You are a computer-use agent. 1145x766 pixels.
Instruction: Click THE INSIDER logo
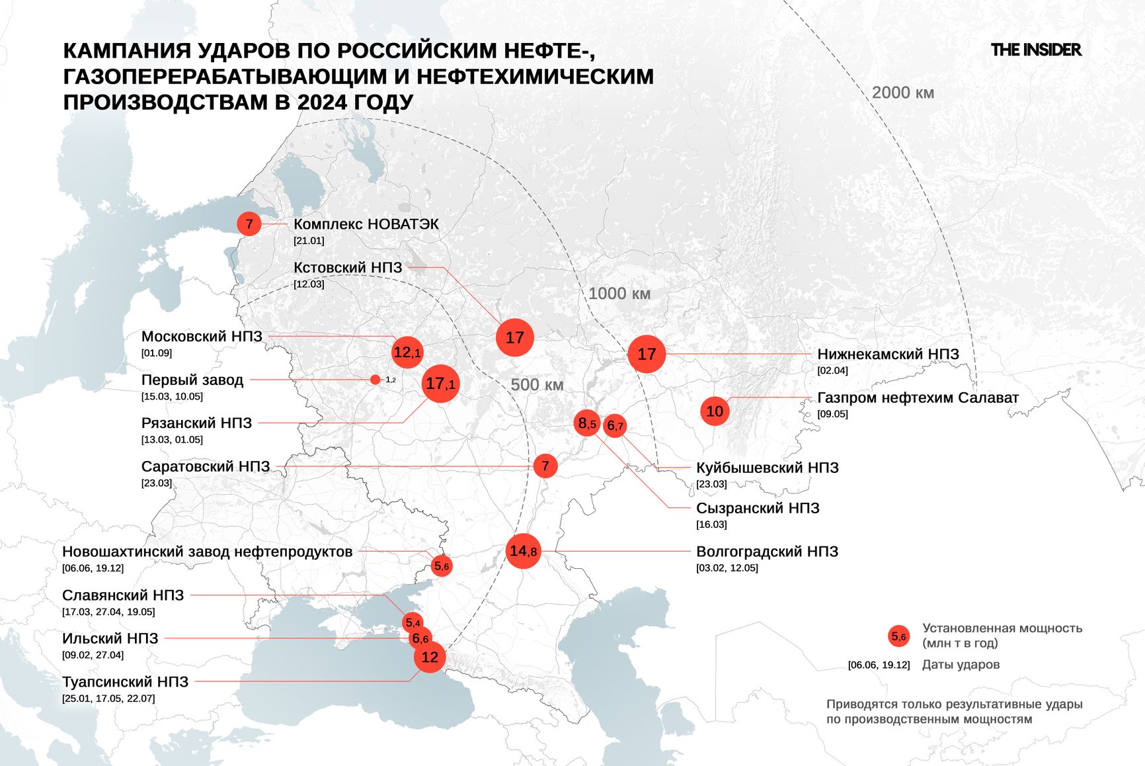(x=1035, y=50)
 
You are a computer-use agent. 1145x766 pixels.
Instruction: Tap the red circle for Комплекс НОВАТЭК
(x=249, y=224)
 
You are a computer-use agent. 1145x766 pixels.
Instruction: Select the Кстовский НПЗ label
(x=348, y=267)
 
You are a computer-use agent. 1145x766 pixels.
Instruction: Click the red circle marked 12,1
(x=407, y=353)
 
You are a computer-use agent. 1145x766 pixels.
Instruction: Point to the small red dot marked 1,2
(x=375, y=380)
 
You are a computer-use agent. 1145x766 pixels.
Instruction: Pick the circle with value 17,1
(x=440, y=384)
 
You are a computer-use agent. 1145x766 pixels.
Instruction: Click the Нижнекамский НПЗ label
(x=888, y=354)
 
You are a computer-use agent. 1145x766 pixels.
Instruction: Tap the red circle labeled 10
(x=715, y=411)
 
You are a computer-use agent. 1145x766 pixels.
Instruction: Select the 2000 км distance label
(x=902, y=93)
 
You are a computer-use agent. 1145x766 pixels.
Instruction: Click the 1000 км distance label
(x=619, y=293)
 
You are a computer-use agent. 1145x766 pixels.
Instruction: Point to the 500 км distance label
(x=537, y=384)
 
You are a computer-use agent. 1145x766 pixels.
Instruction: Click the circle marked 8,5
(x=587, y=423)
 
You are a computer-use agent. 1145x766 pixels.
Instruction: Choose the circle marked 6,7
(x=615, y=425)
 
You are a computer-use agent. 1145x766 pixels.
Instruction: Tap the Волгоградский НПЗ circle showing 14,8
(x=523, y=550)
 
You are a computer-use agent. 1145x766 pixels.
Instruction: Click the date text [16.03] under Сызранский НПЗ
(x=711, y=525)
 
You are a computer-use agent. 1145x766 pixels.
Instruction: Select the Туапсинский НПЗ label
(x=126, y=681)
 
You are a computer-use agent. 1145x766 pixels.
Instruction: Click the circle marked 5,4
(x=413, y=622)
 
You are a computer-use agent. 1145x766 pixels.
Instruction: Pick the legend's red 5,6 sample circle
(x=898, y=636)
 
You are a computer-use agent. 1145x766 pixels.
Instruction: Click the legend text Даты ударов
(x=961, y=664)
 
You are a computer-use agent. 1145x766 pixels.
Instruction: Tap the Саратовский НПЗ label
(x=206, y=466)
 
